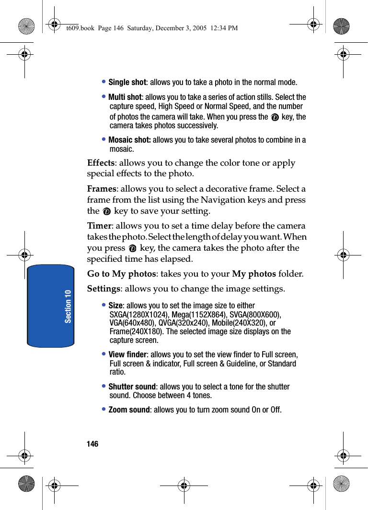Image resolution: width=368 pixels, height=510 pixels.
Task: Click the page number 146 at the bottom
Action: pos(92,444)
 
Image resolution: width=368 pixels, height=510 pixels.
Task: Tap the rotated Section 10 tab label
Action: pos(68,306)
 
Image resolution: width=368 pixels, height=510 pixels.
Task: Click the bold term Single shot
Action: pos(127,82)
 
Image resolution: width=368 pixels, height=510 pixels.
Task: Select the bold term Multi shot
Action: pos(125,97)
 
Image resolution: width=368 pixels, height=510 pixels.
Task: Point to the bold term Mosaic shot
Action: pos(129,140)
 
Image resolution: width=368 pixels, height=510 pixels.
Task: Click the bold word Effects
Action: pos(101,163)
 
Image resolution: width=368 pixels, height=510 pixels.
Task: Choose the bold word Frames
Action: pos(102,189)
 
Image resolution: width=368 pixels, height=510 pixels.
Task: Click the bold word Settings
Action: pos(103,289)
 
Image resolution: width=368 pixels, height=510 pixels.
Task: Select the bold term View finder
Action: pos(128,354)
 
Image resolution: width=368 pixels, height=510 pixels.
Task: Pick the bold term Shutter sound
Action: pos(132,387)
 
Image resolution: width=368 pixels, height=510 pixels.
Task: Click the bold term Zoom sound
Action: pos(129,410)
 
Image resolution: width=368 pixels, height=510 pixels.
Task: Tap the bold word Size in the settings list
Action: pos(115,305)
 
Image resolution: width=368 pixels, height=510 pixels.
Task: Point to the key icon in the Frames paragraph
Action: pos(106,211)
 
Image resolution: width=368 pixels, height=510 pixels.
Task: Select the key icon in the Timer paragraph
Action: pos(132,248)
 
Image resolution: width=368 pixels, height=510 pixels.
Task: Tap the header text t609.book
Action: pos(80,28)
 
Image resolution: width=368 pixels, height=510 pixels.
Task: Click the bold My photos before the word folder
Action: pos(253,274)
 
